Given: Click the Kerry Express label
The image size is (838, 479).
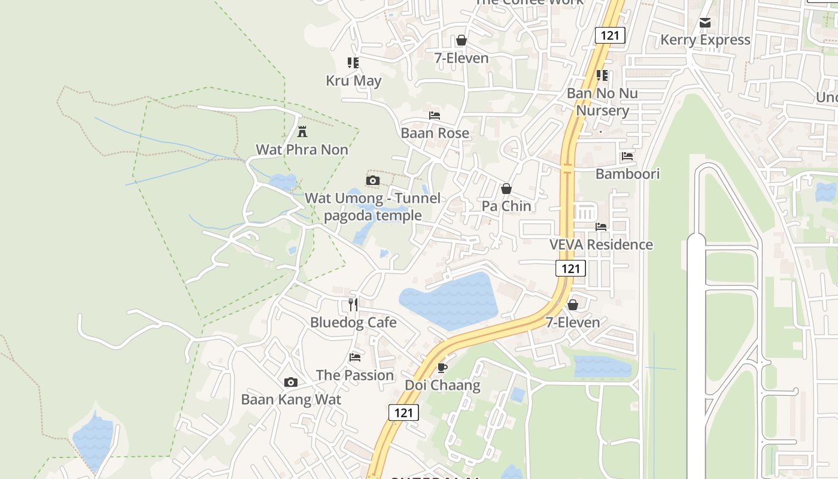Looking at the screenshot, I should point(705,40).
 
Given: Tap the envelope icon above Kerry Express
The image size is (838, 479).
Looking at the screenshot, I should point(705,23).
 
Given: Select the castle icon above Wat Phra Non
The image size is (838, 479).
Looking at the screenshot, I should point(302,132).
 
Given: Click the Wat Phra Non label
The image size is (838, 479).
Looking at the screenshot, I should point(302,150).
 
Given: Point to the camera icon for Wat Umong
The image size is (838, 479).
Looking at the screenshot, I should point(372,180).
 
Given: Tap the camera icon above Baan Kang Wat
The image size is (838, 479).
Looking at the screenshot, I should point(291,382).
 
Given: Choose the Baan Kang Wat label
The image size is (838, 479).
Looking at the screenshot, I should point(291,399).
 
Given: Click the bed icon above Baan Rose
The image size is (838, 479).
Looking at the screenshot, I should point(435,116).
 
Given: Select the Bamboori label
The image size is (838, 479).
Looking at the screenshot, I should point(627,174).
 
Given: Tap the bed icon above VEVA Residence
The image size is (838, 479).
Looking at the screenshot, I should point(601,227).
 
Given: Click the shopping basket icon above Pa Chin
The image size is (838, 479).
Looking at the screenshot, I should point(506,189).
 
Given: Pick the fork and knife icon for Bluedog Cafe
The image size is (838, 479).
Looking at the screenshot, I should point(353,305).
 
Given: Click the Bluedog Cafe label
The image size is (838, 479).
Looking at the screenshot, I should point(353,322).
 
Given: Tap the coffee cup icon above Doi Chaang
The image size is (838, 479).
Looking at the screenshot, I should point(442,368).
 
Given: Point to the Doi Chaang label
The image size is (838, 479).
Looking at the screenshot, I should point(442,385).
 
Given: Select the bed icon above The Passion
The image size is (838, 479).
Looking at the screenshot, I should point(355,357).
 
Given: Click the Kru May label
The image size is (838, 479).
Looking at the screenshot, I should point(353,80).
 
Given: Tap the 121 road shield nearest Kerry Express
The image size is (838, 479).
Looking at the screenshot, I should point(610,35).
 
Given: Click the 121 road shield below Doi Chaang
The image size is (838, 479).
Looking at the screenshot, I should point(403,412).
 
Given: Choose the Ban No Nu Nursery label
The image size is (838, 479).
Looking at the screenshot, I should point(602,102).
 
